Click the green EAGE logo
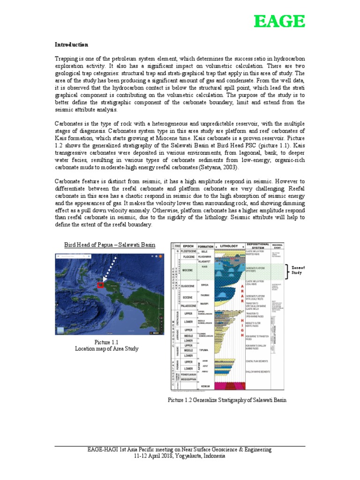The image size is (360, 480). click(279, 22)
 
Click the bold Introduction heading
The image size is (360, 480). click(71, 45)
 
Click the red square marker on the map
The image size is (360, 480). click(100, 285)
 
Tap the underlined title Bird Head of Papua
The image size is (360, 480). click(110, 245)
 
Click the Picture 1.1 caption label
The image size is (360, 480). click(108, 342)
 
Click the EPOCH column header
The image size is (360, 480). click(189, 246)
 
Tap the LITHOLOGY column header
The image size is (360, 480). click(229, 246)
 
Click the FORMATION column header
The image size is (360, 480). click(205, 246)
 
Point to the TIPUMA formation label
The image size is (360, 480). click(205, 350)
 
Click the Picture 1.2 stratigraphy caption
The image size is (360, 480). click(226, 400)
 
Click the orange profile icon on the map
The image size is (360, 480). click(158, 258)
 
